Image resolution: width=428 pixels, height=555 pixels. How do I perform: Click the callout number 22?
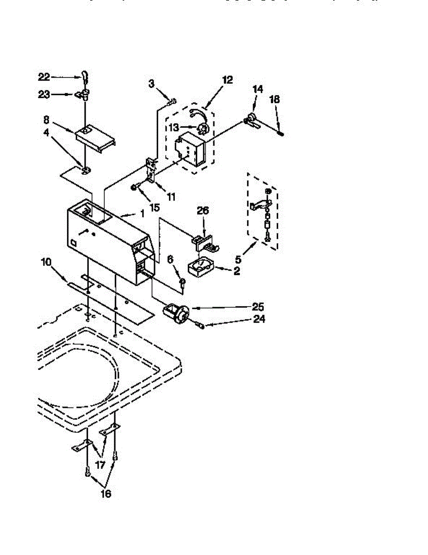[43, 77]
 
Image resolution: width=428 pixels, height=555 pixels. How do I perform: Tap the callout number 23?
[43, 94]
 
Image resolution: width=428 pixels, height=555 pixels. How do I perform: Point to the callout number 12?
[227, 80]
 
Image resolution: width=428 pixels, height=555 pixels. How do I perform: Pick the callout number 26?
[203, 210]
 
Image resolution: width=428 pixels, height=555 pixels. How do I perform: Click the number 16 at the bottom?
[106, 493]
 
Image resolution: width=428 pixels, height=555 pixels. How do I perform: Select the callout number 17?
[100, 464]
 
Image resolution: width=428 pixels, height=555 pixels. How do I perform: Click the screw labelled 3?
[173, 101]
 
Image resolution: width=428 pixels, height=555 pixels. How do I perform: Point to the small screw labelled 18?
[280, 134]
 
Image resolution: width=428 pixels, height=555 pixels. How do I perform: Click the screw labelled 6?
[183, 284]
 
